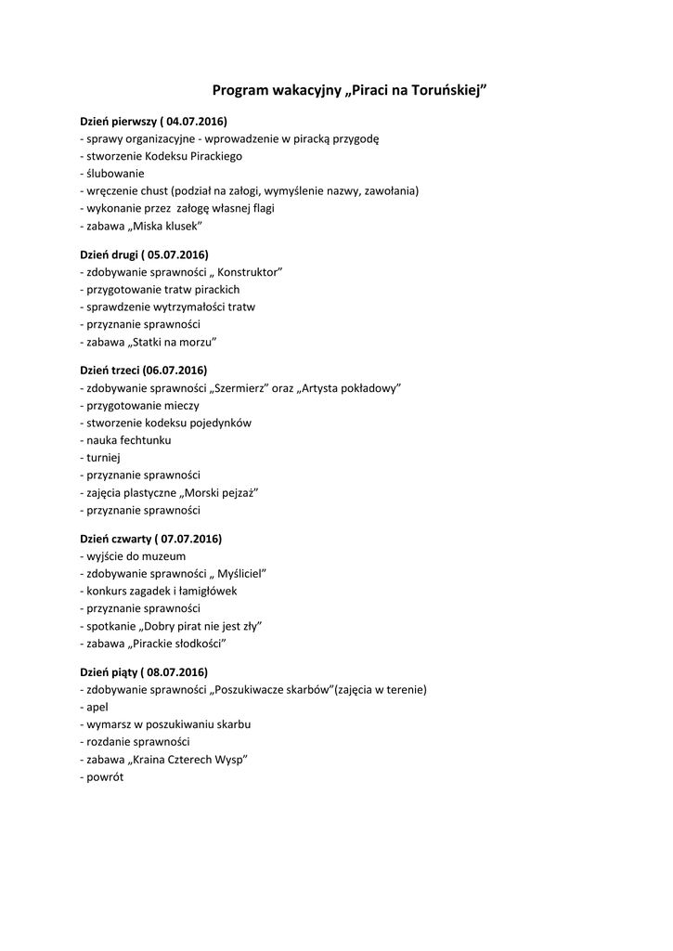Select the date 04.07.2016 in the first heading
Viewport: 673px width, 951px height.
(x=196, y=122)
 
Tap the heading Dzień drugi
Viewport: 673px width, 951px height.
(x=109, y=254)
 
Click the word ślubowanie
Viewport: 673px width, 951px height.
(x=114, y=174)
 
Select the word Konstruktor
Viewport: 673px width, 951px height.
(x=248, y=271)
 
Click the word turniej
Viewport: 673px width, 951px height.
(x=103, y=457)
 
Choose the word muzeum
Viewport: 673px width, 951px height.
(x=166, y=556)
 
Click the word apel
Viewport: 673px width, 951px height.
(x=97, y=707)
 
